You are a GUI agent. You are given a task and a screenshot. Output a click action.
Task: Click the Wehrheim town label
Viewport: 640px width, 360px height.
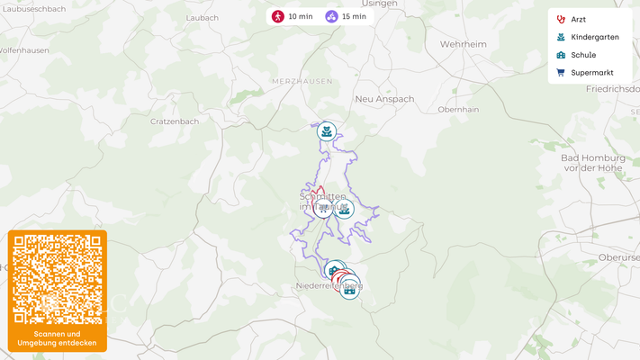click(x=463, y=43)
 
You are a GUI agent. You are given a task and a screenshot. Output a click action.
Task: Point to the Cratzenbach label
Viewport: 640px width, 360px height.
click(x=175, y=121)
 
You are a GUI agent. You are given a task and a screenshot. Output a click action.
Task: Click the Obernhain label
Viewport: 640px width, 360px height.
click(x=456, y=109)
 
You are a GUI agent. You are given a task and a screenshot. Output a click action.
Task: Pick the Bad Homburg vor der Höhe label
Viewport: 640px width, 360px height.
click(x=591, y=163)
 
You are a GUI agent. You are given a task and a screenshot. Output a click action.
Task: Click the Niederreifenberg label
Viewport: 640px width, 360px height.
click(x=329, y=286)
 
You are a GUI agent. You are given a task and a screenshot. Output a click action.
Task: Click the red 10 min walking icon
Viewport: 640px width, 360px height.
click(x=279, y=16)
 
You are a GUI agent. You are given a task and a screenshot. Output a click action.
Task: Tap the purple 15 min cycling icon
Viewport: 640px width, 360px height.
click(x=332, y=16)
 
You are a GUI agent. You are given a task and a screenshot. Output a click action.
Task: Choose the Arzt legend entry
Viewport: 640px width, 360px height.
click(x=578, y=19)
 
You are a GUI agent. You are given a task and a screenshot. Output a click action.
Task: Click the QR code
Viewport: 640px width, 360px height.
click(x=58, y=279)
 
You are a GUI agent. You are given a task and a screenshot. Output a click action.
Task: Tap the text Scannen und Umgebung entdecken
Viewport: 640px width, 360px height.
click(x=58, y=338)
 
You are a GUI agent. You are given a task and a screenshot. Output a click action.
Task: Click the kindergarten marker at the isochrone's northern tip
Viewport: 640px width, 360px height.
click(x=327, y=131)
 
